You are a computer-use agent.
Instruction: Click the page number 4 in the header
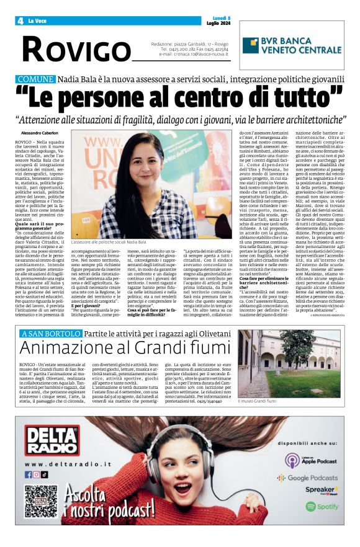pos(20,20)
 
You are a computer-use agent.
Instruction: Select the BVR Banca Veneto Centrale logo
pos(291,46)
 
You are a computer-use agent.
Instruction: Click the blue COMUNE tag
pos(35,79)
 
